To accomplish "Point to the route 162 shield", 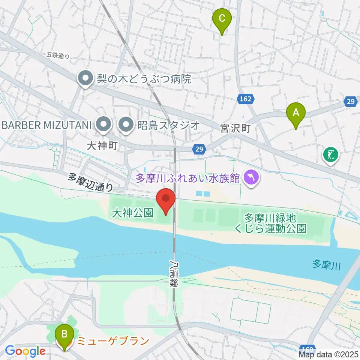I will point(246,99).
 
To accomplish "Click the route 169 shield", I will point(308,348).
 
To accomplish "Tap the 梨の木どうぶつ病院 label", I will point(144,79).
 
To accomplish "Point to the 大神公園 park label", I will point(133,213).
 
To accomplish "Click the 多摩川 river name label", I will point(327,266).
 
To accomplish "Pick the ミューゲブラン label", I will point(113,341).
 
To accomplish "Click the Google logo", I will point(25,351).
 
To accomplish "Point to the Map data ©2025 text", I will point(328,354).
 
